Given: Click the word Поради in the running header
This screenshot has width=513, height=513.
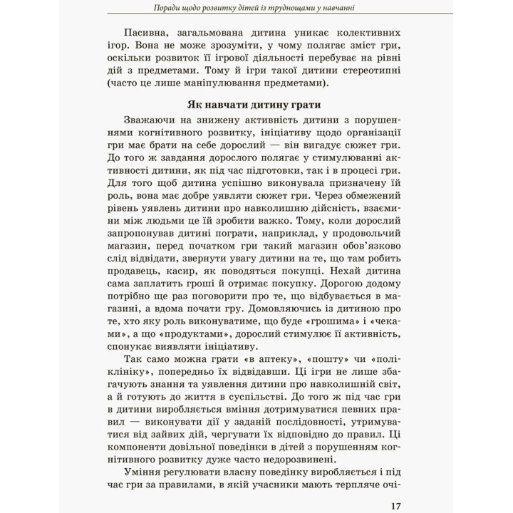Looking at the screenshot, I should click(174, 8).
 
